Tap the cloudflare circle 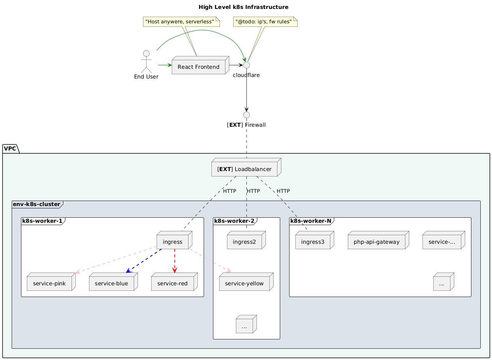[x=246, y=65]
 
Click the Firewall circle [x=246, y=115]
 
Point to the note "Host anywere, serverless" [x=181, y=21]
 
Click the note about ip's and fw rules [x=265, y=22]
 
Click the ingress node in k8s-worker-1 [x=173, y=242]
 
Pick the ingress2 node [x=244, y=242]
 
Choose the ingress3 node [x=313, y=242]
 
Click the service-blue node [x=112, y=284]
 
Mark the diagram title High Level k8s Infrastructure [x=243, y=7]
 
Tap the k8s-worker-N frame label [x=310, y=221]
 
